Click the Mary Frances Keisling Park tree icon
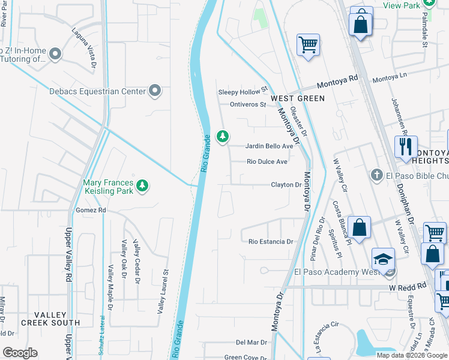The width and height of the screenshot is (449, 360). coord(142,186)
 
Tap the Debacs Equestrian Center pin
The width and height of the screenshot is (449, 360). coord(155,91)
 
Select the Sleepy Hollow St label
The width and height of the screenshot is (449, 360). coord(243,91)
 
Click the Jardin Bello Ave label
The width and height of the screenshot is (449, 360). coord(270,146)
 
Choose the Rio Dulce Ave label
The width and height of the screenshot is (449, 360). coord(267,161)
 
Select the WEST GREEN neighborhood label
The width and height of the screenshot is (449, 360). coord(297,98)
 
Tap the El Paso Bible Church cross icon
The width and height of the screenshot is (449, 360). coord(376,175)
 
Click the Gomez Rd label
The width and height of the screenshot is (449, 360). coord(91,211)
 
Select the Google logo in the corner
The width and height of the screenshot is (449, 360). coord(20,352)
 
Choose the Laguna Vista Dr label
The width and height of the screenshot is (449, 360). coord(84,41)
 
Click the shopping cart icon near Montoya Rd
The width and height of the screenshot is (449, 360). coord(308,44)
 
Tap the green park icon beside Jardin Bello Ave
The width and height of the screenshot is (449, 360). coord(223,137)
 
